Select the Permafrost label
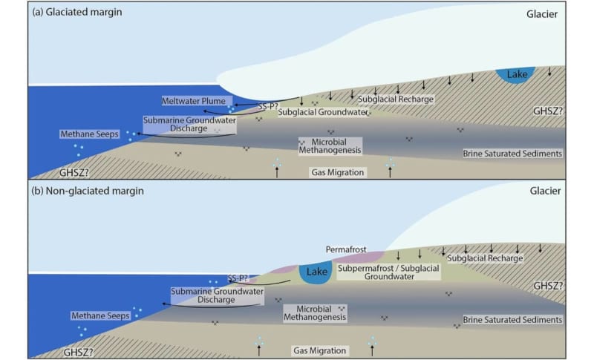point(346,249)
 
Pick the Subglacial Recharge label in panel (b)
point(486,258)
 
